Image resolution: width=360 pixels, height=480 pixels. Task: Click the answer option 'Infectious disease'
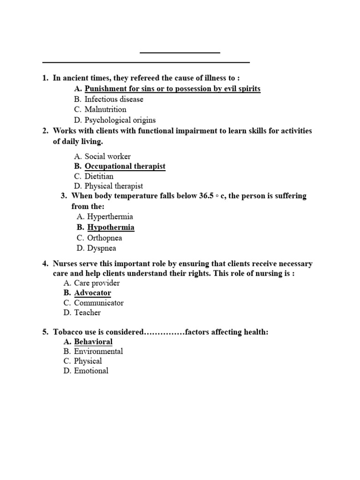pyautogui.click(x=114, y=99)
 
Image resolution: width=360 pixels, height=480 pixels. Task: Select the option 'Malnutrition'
pyautogui.click(x=105, y=110)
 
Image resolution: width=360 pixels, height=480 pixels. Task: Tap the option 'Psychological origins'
pyautogui.click(x=120, y=120)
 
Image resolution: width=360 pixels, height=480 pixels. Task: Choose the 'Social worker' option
pyautogui.click(x=107, y=157)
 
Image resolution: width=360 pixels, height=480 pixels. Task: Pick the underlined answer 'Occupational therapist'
pyautogui.click(x=125, y=166)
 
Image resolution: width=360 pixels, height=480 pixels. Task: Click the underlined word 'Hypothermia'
pyautogui.click(x=111, y=227)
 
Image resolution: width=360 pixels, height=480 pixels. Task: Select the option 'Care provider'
pyautogui.click(x=97, y=283)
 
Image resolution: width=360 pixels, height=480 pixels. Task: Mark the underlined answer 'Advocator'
pyautogui.click(x=92, y=293)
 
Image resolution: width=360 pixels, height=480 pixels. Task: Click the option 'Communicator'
pyautogui.click(x=99, y=303)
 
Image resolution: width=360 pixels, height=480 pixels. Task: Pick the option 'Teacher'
pyautogui.click(x=87, y=313)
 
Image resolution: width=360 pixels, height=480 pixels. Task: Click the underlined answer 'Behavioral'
pyautogui.click(x=93, y=342)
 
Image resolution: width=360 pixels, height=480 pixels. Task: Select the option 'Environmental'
pyautogui.click(x=98, y=352)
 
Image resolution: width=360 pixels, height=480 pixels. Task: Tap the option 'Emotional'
pyautogui.click(x=91, y=371)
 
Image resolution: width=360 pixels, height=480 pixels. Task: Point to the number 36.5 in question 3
pyautogui.click(x=206, y=196)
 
